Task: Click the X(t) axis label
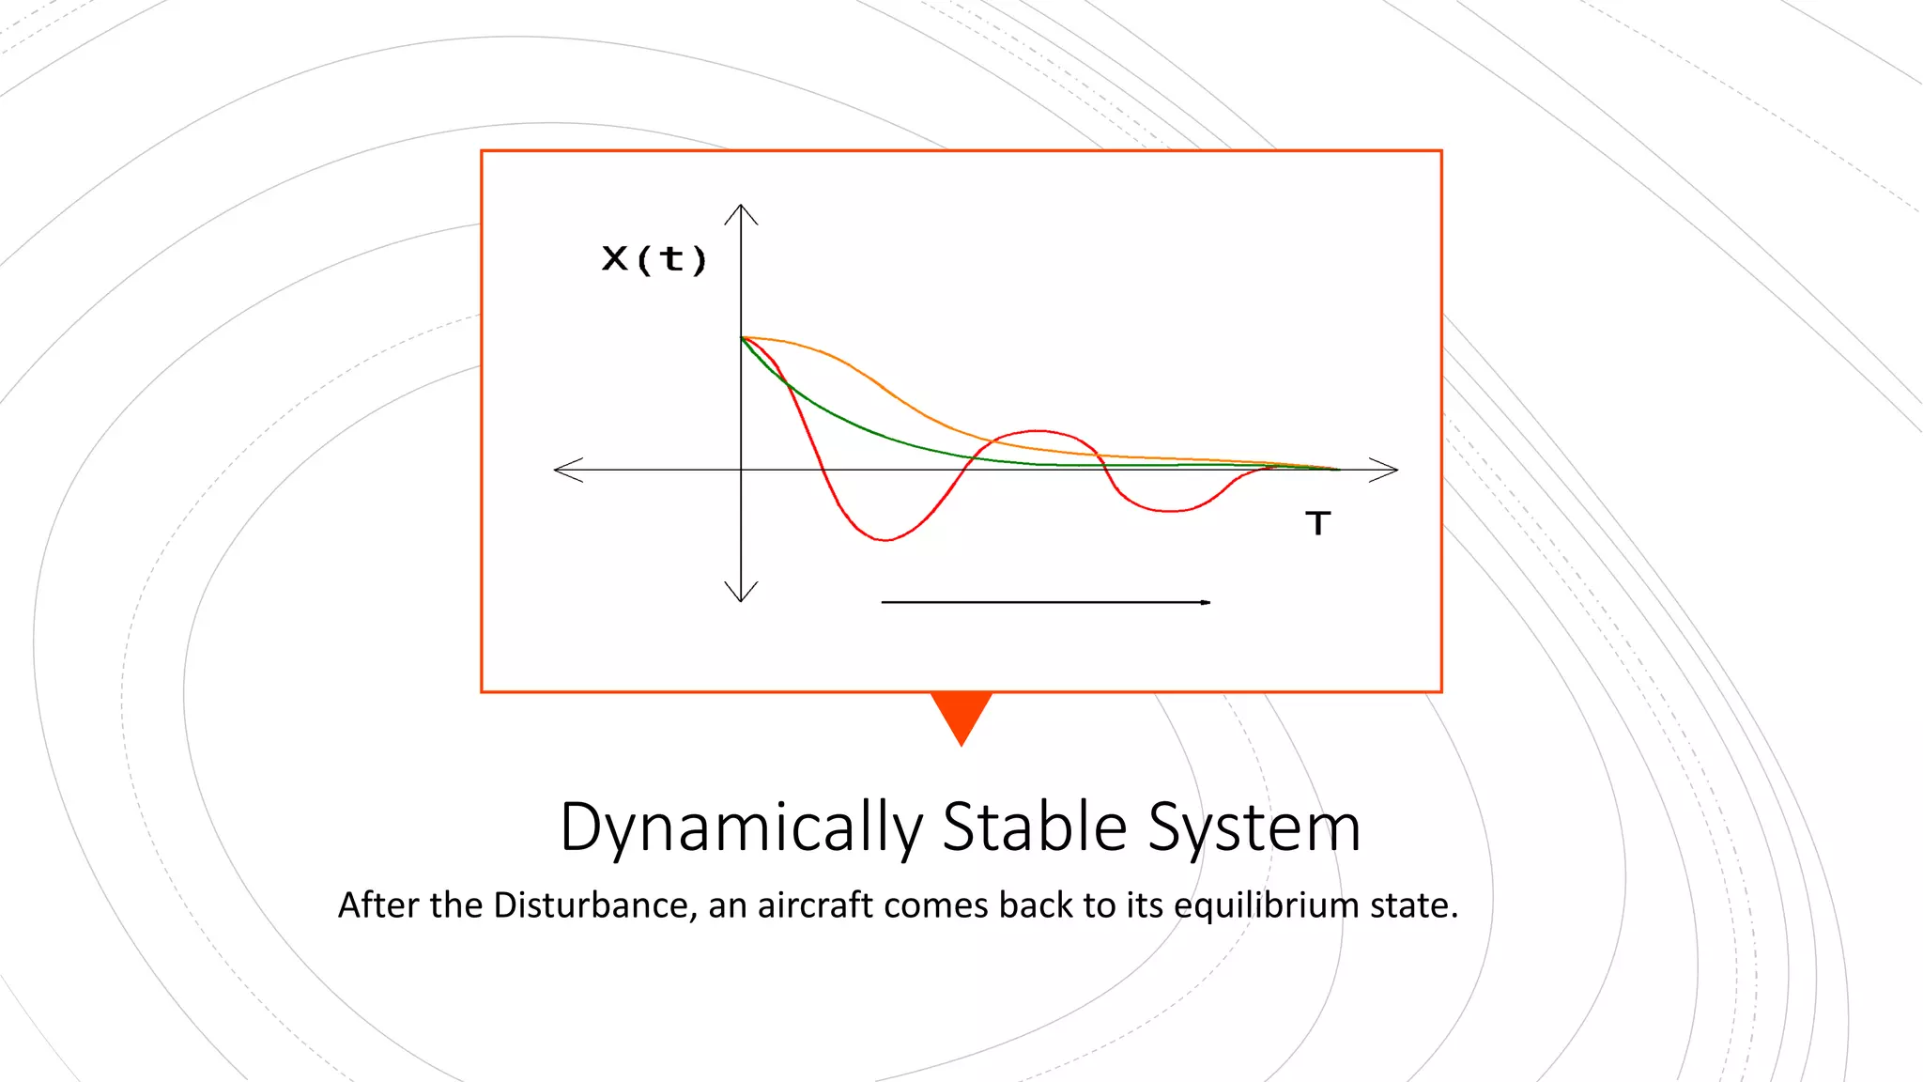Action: [x=654, y=258]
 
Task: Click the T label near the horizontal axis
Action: [x=1318, y=523]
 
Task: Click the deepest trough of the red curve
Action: [x=885, y=540]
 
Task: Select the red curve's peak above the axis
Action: [x=1038, y=431]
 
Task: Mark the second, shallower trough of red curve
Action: [x=1169, y=511]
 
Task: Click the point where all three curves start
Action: [x=742, y=337]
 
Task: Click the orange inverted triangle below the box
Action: [x=961, y=714]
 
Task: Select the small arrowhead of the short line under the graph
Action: [x=1206, y=602]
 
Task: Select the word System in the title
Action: [x=1254, y=828]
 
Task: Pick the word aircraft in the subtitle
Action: [x=815, y=905]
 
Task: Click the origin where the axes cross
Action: [x=741, y=470]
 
